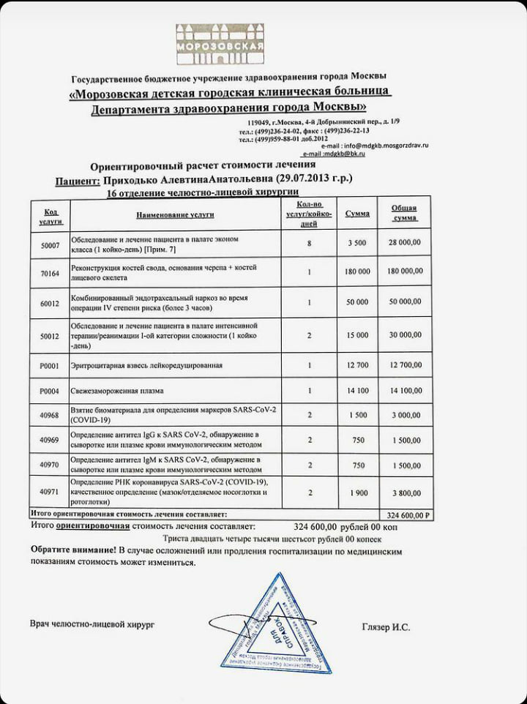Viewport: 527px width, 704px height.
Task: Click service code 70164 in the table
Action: pos(51,271)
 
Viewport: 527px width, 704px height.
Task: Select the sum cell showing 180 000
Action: pos(358,271)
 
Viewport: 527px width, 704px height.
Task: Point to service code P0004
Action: pos(51,391)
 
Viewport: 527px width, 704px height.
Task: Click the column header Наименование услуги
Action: pos(174,215)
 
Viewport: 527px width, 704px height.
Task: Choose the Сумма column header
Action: pos(357,214)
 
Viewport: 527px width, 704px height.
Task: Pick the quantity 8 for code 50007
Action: pos(310,242)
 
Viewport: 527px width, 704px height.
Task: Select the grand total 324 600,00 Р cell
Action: pos(407,515)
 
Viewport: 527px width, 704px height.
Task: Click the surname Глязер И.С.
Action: pos(386,626)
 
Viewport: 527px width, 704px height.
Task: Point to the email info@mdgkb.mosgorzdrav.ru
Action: pos(384,146)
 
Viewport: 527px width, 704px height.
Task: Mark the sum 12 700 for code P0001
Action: pos(358,364)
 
